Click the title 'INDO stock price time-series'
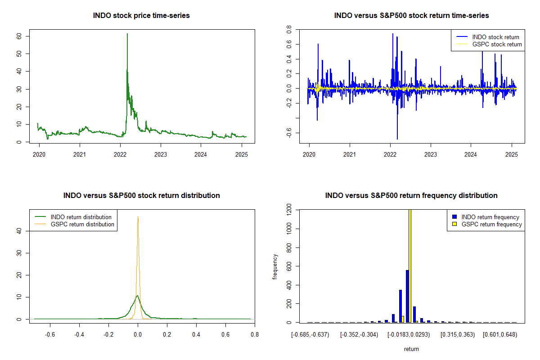141,15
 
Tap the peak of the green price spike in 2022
127,34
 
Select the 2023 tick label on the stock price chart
161,154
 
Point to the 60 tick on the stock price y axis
19,36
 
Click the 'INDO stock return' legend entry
487,37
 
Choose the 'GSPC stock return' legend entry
489,45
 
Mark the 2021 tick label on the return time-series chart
350,154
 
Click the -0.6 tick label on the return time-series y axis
289,133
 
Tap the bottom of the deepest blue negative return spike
397,139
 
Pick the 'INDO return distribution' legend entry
73,217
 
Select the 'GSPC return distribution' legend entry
75,224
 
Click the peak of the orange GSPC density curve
138,216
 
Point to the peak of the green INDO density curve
137,296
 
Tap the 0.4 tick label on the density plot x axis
196,335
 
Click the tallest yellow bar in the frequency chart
410,266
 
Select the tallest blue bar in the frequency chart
407,297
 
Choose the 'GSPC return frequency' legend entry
487,224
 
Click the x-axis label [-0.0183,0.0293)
409,335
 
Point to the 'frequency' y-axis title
275,267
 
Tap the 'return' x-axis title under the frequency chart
411,349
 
